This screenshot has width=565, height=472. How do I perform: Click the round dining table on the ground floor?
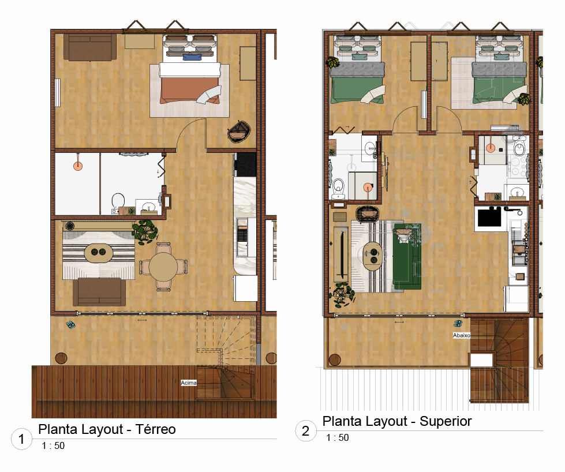pyautogui.click(x=163, y=267)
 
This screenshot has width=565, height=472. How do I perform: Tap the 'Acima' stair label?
pyautogui.click(x=189, y=383)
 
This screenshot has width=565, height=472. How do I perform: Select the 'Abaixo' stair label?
pyautogui.click(x=462, y=335)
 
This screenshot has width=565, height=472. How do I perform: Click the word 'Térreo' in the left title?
pyautogui.click(x=156, y=429)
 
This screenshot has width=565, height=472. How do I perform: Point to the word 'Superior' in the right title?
pyautogui.click(x=446, y=421)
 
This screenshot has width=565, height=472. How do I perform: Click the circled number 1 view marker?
pyautogui.click(x=21, y=439)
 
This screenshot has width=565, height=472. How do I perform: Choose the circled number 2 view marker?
pyautogui.click(x=305, y=430)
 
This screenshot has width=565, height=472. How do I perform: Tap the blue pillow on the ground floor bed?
pyautogui.click(x=192, y=57)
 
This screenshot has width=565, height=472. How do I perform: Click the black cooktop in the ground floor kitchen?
pyautogui.click(x=246, y=164)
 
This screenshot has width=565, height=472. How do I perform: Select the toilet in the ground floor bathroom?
pyautogui.click(x=118, y=201)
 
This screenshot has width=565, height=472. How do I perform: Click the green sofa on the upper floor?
pyautogui.click(x=407, y=257)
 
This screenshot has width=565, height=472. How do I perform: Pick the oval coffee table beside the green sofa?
pyautogui.click(x=372, y=256)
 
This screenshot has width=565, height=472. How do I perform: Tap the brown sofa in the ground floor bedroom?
pyautogui.click(x=90, y=47)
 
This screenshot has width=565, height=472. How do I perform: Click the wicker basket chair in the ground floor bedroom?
pyautogui.click(x=239, y=131)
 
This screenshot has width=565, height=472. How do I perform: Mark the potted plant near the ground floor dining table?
pyautogui.click(x=145, y=231)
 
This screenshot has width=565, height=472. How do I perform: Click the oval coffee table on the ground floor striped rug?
pyautogui.click(x=99, y=252)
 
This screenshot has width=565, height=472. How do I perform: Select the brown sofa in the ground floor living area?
pyautogui.click(x=99, y=292)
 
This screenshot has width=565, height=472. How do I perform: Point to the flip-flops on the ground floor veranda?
pyautogui.click(x=70, y=325)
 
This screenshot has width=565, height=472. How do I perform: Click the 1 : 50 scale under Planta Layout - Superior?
pyautogui.click(x=338, y=438)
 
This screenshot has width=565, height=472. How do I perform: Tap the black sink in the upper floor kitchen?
pyautogui.click(x=489, y=218)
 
